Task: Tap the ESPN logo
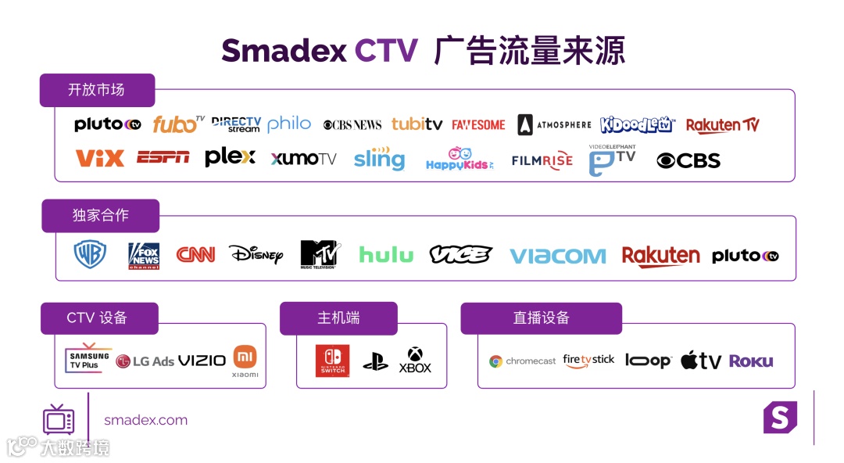[163, 157]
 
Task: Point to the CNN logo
[195, 254]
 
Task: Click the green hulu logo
[386, 254]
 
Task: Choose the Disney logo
[256, 254]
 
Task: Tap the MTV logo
[319, 254]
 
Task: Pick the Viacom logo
[558, 256]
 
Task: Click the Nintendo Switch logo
[332, 361]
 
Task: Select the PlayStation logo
[375, 361]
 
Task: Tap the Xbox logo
[415, 361]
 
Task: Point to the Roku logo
[751, 361]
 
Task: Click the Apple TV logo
[700, 361]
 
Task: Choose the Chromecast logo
[523, 361]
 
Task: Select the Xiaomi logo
[245, 361]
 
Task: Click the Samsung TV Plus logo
[88, 358]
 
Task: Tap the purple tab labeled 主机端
[338, 318]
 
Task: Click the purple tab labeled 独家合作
[100, 215]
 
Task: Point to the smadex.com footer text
[146, 420]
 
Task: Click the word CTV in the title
[386, 51]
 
